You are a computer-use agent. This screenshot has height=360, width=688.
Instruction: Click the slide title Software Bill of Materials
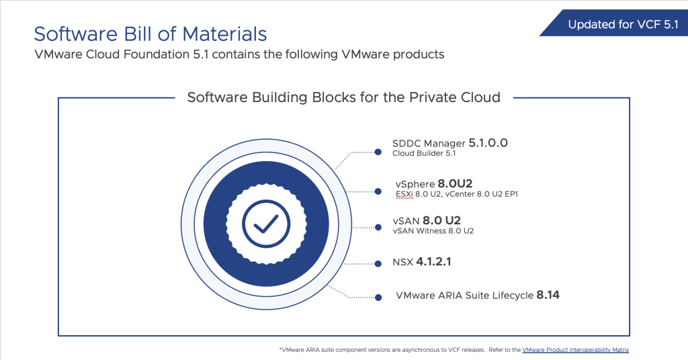pyautogui.click(x=150, y=34)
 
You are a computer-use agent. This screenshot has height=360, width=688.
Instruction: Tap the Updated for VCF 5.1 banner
pyautogui.click(x=614, y=24)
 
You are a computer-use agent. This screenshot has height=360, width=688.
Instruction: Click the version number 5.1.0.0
pyautogui.click(x=488, y=143)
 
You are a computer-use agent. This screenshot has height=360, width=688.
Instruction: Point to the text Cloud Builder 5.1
pyautogui.click(x=424, y=154)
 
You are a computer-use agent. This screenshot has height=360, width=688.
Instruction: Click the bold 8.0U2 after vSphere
pyautogui.click(x=455, y=183)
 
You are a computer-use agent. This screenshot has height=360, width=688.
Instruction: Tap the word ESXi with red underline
pyautogui.click(x=404, y=194)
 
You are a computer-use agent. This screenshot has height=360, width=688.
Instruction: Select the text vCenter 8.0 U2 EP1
pyautogui.click(x=481, y=194)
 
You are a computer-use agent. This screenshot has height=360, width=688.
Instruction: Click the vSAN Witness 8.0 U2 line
pyautogui.click(x=433, y=231)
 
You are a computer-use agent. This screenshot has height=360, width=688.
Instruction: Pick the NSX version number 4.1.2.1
pyautogui.click(x=433, y=262)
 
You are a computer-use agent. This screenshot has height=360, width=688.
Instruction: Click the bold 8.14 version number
pyautogui.click(x=548, y=295)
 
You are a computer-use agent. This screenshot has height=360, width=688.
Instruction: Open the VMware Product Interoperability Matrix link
pyautogui.click(x=576, y=350)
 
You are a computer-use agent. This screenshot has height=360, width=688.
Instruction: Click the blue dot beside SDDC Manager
pyautogui.click(x=378, y=152)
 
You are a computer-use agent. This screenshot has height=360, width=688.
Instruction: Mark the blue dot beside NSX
pyautogui.click(x=378, y=263)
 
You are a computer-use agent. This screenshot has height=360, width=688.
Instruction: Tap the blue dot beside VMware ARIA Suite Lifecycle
pyautogui.click(x=378, y=298)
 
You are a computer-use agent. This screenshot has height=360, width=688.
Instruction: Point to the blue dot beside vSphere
pyautogui.click(x=378, y=191)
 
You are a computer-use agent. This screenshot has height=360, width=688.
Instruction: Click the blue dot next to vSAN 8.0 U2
pyautogui.click(x=378, y=227)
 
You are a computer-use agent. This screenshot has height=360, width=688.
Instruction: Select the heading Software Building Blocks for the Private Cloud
pyautogui.click(x=343, y=97)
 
